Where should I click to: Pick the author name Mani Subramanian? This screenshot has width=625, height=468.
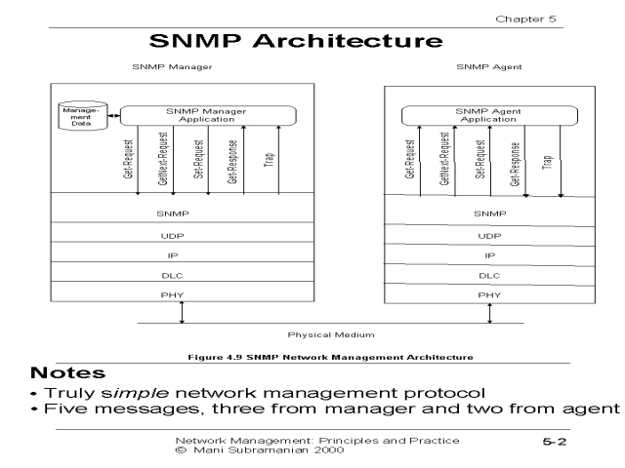pyautogui.click(x=239, y=451)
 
